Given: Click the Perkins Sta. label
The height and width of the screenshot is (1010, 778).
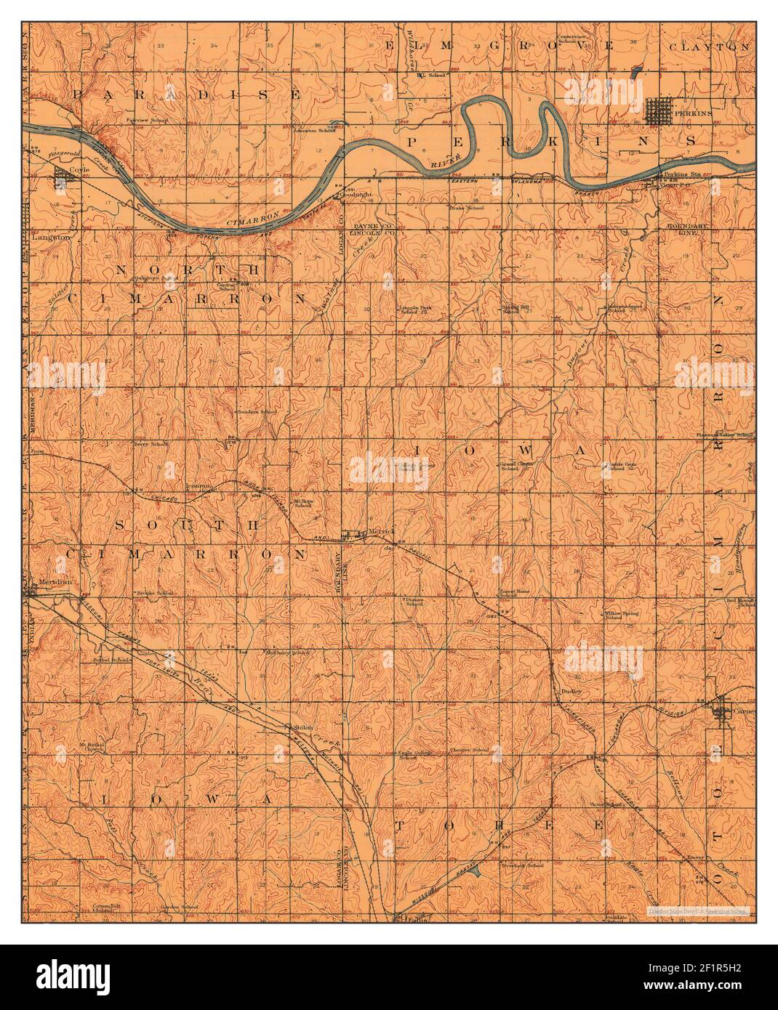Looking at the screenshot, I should [676, 175].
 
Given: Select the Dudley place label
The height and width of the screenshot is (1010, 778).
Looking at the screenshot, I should [569, 691].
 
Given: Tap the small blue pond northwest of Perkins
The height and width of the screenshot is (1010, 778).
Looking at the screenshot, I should [638, 72].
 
